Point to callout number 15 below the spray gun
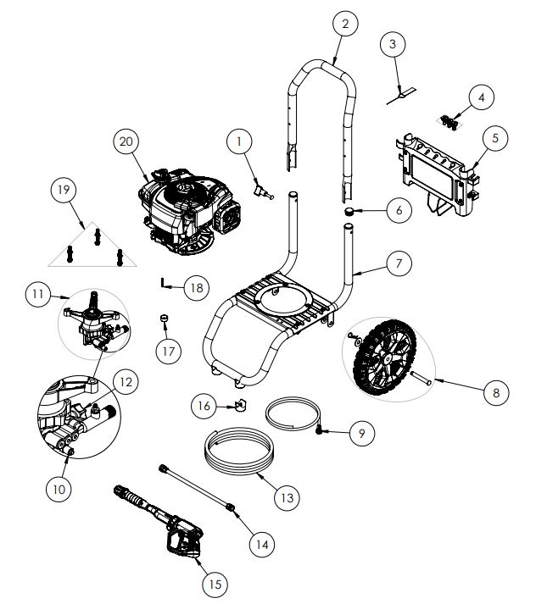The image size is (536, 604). click(x=215, y=584)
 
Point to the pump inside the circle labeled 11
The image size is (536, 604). click(x=93, y=319)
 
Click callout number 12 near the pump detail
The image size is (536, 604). click(x=125, y=382)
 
